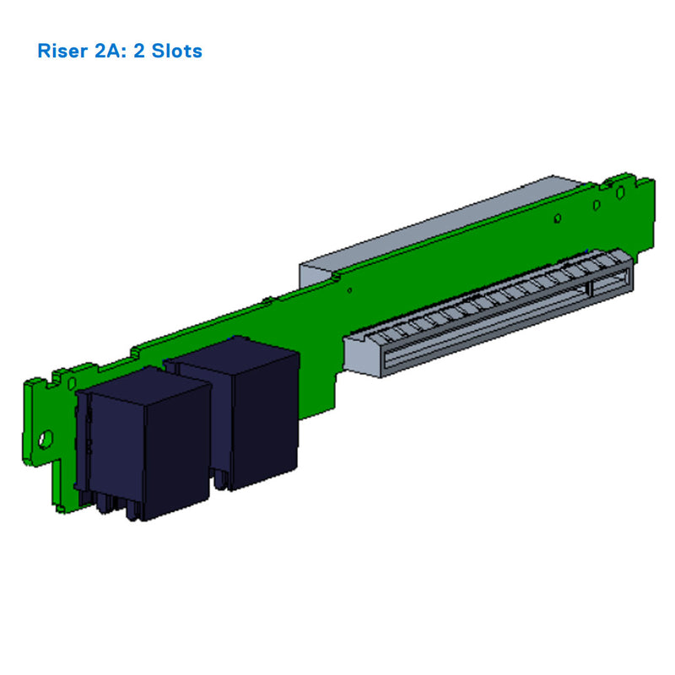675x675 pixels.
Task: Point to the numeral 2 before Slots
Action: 140,51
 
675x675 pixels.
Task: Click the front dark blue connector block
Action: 143,447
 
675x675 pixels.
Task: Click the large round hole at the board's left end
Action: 46,438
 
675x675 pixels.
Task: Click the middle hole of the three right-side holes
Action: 597,203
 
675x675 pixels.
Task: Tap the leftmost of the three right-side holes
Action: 558,219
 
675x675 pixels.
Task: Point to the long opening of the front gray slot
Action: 481,325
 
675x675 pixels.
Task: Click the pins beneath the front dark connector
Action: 118,506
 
